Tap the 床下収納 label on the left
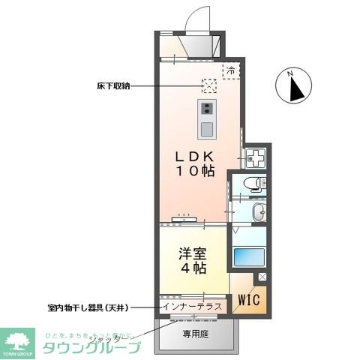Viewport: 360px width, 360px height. (x=113, y=85)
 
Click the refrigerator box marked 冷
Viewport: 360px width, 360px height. (x=231, y=70)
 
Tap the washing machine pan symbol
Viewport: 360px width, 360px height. (x=256, y=159)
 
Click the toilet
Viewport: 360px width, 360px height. (x=255, y=184)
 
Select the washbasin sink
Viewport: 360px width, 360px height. (x=258, y=211)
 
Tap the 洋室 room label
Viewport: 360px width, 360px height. (x=193, y=253)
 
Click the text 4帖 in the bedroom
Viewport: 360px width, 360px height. (x=193, y=268)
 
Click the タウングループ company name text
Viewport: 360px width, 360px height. (x=91, y=348)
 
